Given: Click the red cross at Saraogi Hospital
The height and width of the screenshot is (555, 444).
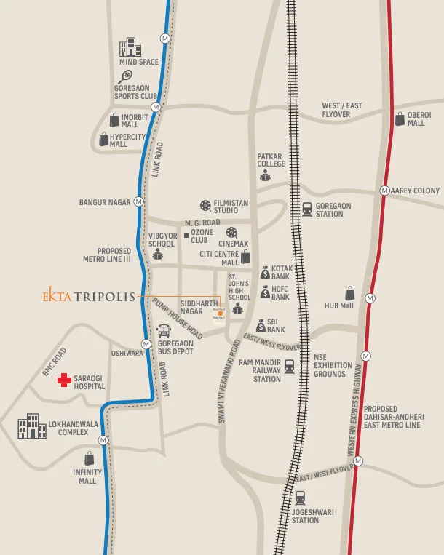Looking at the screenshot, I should tap(65, 380).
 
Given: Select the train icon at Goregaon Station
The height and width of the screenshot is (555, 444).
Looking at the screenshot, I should tap(307, 209).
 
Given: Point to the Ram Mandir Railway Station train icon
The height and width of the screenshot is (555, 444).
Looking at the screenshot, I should tap(290, 366).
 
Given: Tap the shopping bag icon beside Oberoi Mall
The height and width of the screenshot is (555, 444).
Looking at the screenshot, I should tap(399, 119).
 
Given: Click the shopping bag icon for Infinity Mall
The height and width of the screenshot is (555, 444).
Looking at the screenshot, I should tap(89, 458).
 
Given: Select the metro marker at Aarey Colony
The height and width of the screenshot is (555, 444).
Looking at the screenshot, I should tap(384, 191).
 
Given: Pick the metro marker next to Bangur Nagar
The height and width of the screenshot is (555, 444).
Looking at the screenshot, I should tap(138, 201).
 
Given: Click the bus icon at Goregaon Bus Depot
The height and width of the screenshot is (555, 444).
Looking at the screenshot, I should tap(164, 330).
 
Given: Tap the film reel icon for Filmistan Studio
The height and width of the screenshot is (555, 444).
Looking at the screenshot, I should tap(205, 206).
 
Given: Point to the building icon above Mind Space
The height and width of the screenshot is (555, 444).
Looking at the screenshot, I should tap(130, 47).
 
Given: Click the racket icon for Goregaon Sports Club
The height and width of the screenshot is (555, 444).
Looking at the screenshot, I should tap(126, 76).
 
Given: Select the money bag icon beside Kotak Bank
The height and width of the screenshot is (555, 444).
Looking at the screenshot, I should tap(266, 273).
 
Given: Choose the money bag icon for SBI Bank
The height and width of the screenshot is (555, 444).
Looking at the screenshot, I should tap(261, 327).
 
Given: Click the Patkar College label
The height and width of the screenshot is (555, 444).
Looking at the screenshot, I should tap(271, 160).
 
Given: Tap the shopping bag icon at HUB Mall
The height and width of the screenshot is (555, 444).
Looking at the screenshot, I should tap(350, 293).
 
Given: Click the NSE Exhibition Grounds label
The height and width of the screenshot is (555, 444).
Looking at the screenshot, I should tap(329, 365).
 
